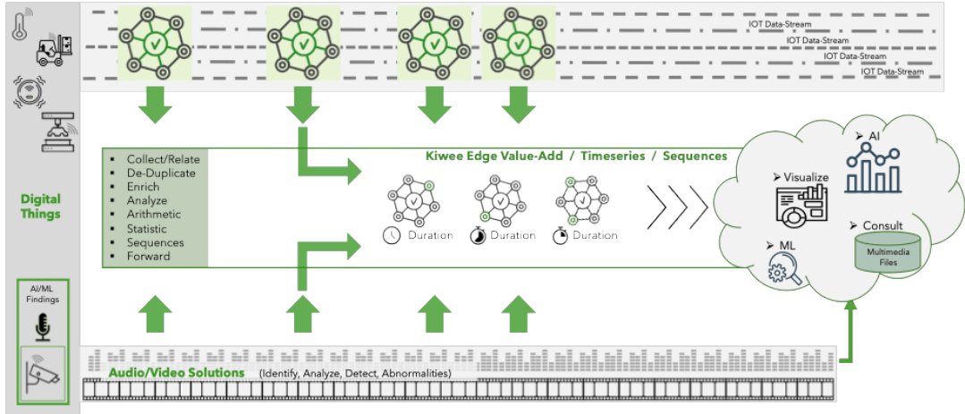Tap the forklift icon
coord(52,50)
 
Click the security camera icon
coord(41,371)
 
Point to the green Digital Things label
coord(40,207)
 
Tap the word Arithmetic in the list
coord(154,214)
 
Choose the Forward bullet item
coord(148,256)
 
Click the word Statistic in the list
coord(148,228)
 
